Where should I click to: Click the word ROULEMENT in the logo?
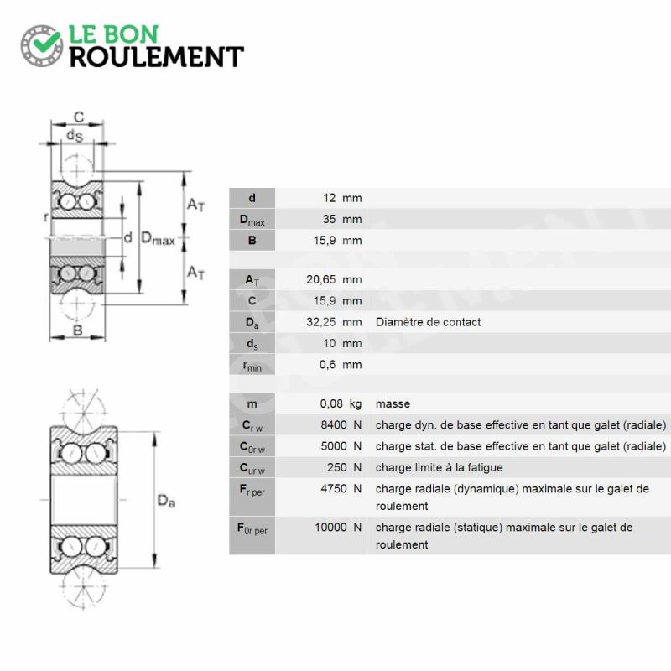[157, 57]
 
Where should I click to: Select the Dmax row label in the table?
[252, 220]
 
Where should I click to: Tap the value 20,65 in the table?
[321, 279]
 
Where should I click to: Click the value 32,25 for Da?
[321, 322]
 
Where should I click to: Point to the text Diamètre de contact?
[428, 322]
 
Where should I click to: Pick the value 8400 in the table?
[334, 424]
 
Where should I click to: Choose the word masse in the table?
[393, 403]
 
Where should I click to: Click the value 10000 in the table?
[330, 527]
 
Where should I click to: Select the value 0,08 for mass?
[331, 403]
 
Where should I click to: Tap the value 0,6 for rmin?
[327, 364]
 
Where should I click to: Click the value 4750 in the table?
[334, 488]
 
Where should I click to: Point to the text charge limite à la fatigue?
[439, 467]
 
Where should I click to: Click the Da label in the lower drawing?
[166, 501]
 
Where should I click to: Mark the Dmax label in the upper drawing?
[158, 238]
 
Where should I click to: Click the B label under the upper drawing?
[77, 330]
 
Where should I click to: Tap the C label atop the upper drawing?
[79, 117]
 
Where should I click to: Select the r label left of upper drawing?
[45, 217]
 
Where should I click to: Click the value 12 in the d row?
[329, 198]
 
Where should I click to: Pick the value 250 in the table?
[337, 467]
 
